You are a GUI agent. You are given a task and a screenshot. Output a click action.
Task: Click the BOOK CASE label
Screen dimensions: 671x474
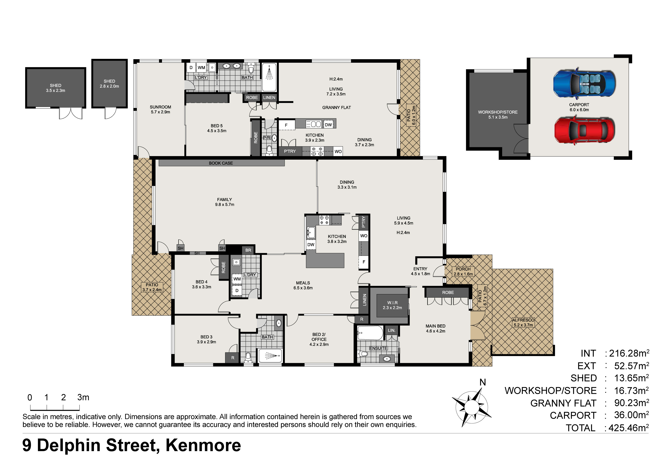click(x=221, y=163)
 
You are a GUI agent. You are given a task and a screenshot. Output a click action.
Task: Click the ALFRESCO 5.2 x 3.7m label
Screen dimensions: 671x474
click(x=523, y=322)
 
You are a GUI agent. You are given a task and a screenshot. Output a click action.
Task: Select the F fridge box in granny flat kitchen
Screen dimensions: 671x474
click(x=286, y=125)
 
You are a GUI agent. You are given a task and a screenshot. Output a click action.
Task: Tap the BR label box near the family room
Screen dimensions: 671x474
click(x=248, y=250)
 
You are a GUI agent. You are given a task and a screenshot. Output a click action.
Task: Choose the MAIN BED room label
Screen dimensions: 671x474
click(x=435, y=328)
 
